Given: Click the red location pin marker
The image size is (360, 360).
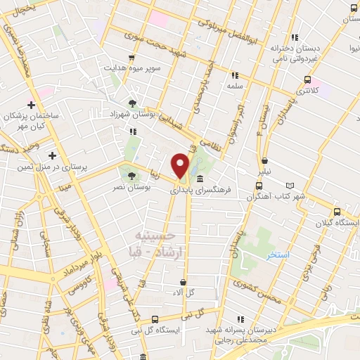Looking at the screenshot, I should tap(181, 165).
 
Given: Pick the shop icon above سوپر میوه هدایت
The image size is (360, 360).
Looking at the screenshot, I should tap(131, 58).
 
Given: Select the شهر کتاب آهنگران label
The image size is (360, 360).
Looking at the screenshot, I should tap(276, 195).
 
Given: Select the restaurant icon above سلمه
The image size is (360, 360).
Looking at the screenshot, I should tap(235, 75).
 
